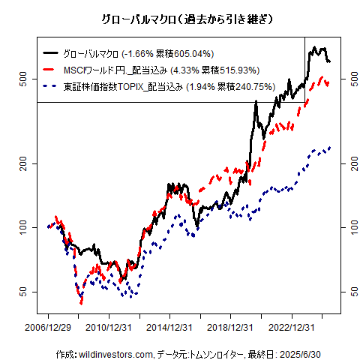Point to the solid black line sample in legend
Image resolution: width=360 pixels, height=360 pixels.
51,54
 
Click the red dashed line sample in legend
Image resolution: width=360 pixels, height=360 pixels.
51,70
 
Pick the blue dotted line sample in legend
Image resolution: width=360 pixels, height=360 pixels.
51,87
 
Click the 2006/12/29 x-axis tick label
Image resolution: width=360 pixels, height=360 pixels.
49,327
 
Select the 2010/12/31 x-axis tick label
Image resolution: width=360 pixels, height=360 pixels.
110,327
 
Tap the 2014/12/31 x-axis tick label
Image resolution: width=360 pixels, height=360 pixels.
172,327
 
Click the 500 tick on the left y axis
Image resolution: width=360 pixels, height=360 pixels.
25,78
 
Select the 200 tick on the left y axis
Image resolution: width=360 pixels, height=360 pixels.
25,163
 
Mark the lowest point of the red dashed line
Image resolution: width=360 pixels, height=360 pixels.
81,303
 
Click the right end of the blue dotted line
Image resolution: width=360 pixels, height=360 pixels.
329,147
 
